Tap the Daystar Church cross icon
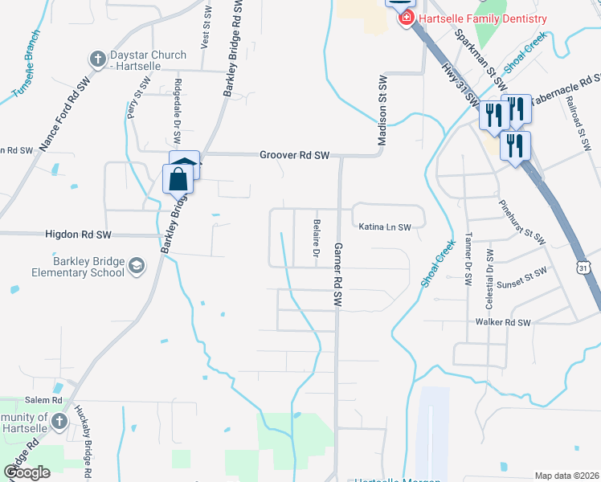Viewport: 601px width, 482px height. click(x=97, y=59)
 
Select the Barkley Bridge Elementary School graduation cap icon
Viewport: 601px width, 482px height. click(x=137, y=266)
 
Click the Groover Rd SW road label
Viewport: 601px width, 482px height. click(x=295, y=155)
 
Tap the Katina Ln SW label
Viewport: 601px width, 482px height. click(x=384, y=227)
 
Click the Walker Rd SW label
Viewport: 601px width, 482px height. click(x=503, y=322)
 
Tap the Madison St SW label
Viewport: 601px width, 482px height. click(x=383, y=112)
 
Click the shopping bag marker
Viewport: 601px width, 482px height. click(x=178, y=178)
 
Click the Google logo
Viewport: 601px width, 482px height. click(x=27, y=472)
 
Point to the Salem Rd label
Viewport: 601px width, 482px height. click(x=43, y=400)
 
